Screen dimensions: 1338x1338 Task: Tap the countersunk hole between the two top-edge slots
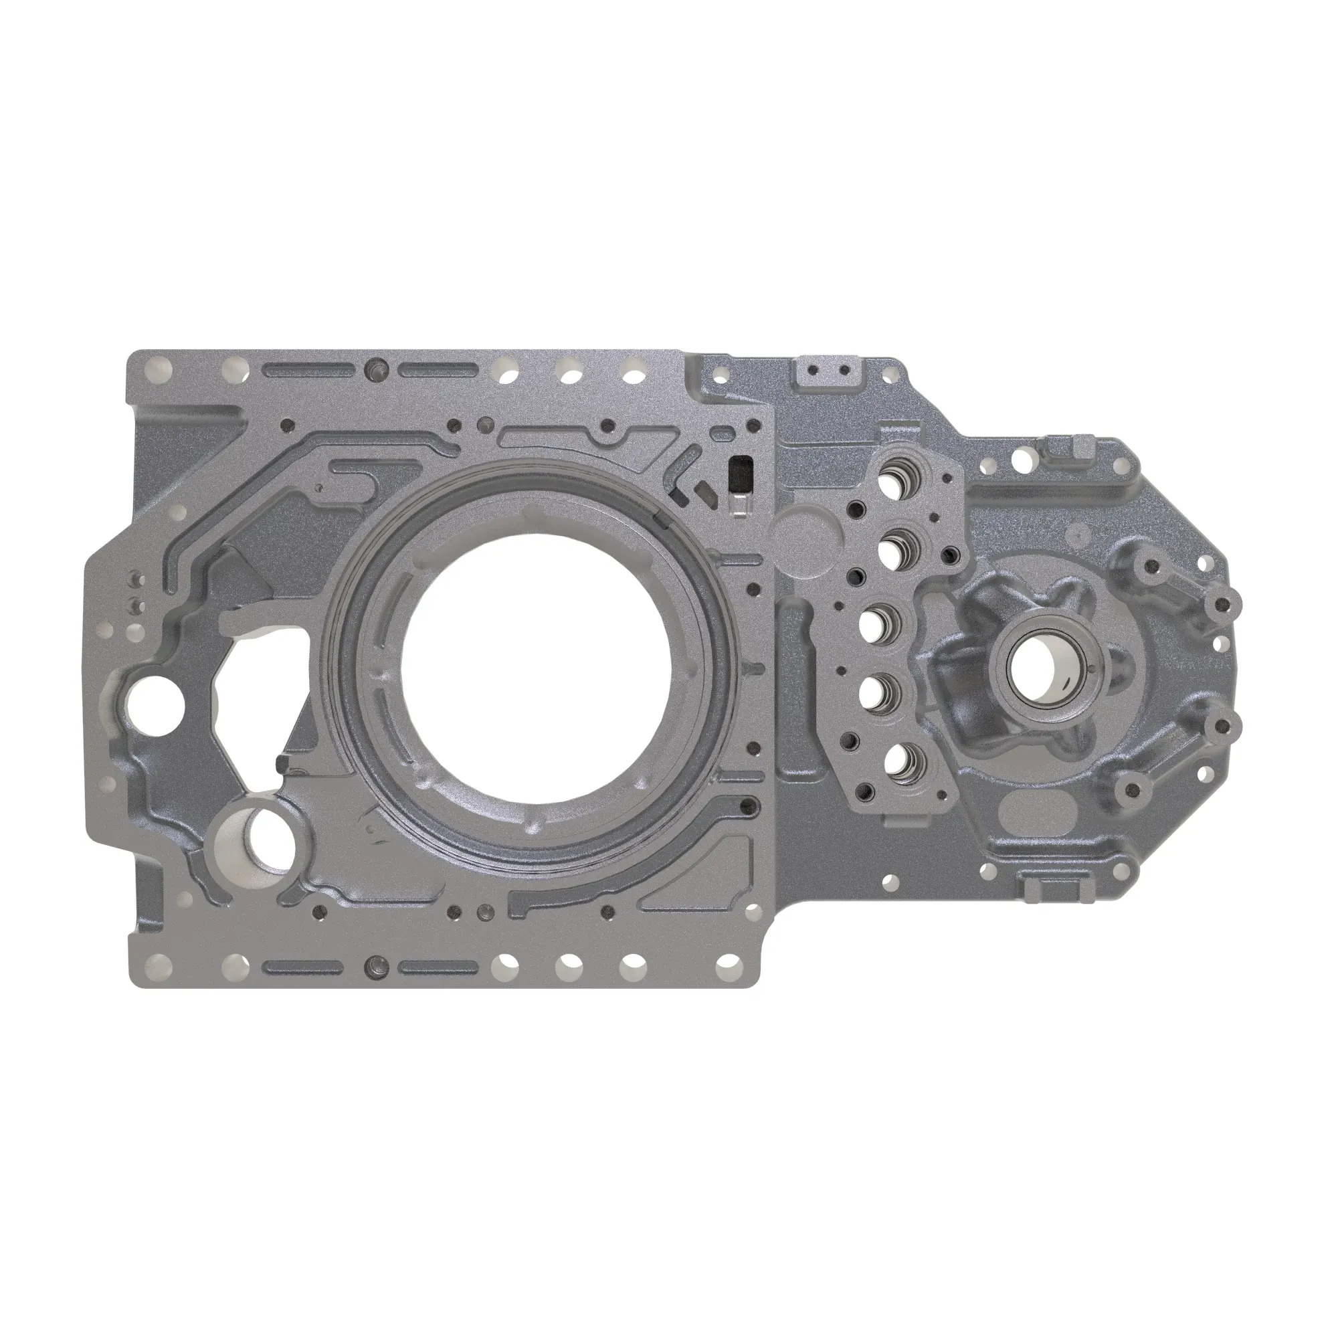[x=377, y=368]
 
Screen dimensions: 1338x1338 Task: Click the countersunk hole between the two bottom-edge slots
[x=377, y=965]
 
